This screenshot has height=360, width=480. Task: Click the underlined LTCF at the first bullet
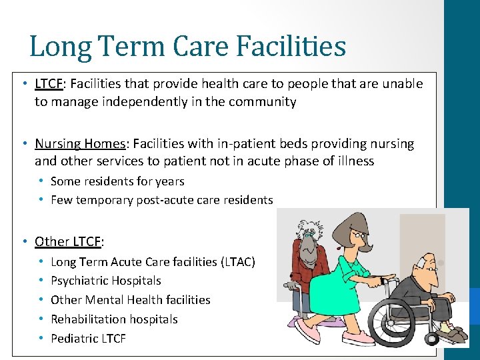pos(49,84)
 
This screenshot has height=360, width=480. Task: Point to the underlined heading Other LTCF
pos(69,241)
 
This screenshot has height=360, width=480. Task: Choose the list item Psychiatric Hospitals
pos(106,281)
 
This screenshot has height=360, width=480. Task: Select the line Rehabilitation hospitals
pos(114,319)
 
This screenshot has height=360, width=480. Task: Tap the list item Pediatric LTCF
pos(88,338)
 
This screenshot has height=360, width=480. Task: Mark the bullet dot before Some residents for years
pos(41,181)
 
